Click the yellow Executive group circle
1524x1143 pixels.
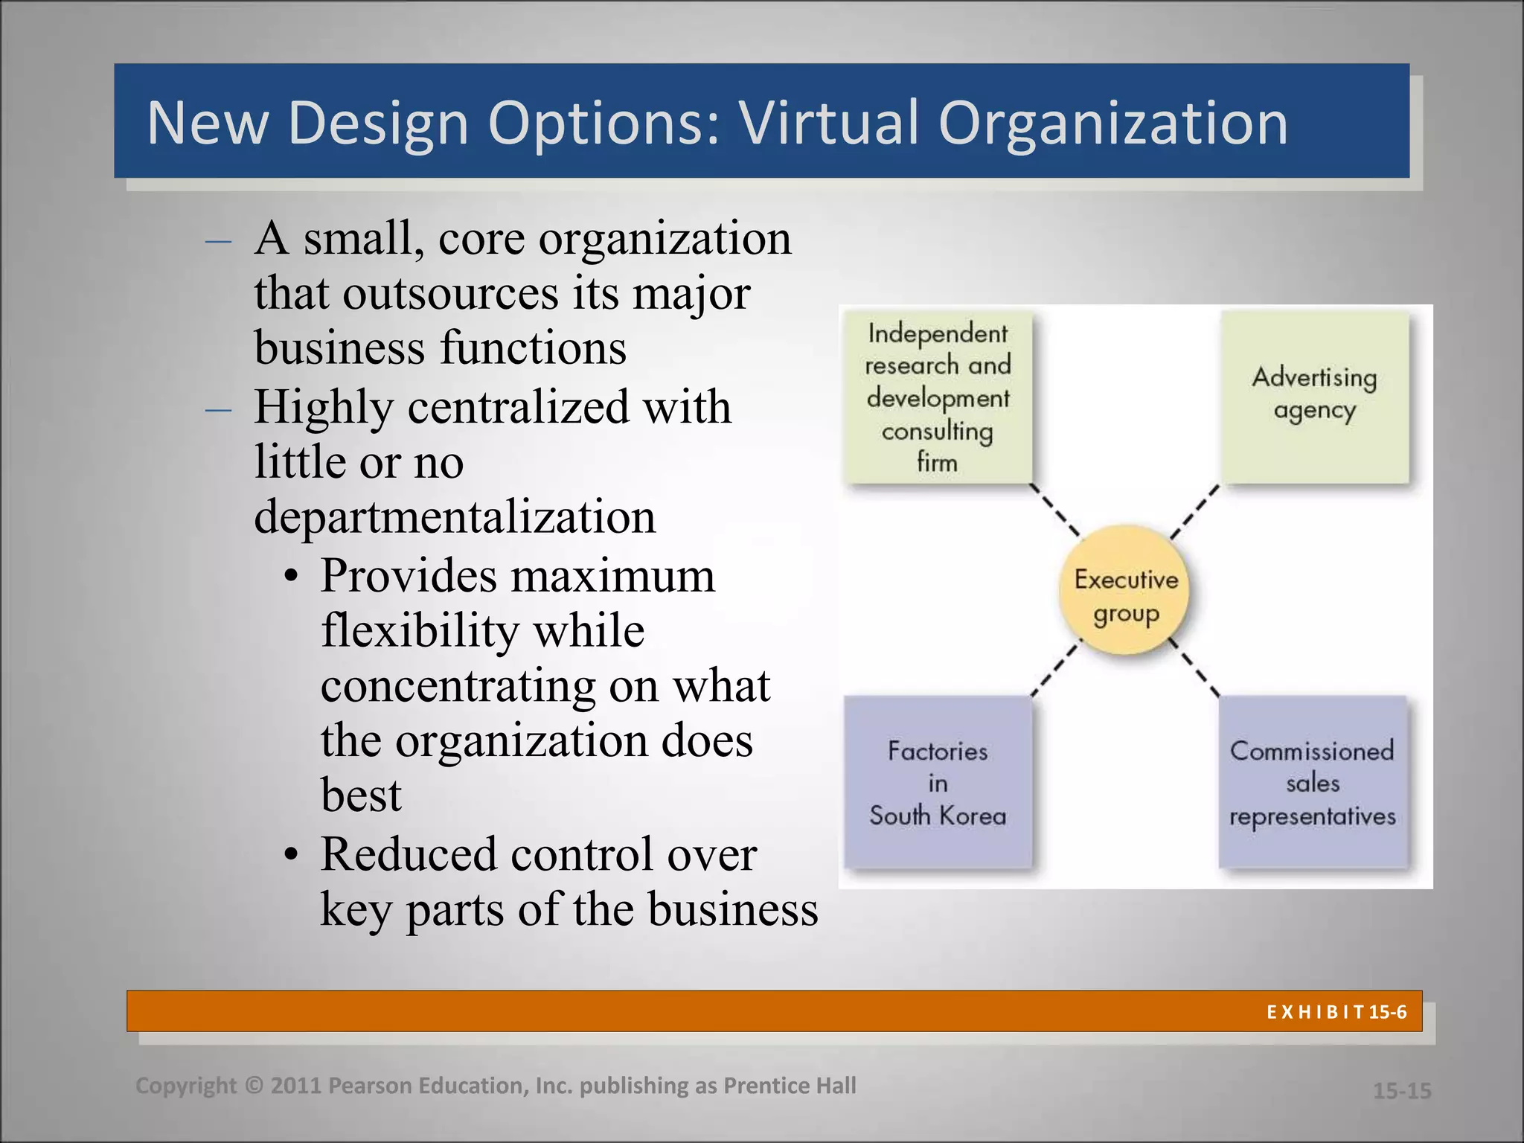(x=1125, y=591)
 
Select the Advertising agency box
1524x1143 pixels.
(x=1315, y=397)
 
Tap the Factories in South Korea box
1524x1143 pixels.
(x=938, y=782)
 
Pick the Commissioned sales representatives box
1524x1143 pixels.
(x=1313, y=782)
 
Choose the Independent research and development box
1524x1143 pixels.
(x=938, y=397)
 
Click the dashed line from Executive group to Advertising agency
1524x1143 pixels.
(x=1195, y=512)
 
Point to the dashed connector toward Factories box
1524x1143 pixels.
(x=1055, y=670)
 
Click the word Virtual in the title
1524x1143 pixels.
(x=829, y=122)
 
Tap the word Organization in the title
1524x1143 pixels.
(x=1112, y=122)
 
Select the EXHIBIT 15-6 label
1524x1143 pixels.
(x=1336, y=1012)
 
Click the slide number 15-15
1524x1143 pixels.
(x=1402, y=1091)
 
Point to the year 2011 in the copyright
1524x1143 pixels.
(x=296, y=1086)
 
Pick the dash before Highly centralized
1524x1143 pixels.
(x=218, y=409)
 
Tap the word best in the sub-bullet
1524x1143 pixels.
(x=361, y=795)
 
